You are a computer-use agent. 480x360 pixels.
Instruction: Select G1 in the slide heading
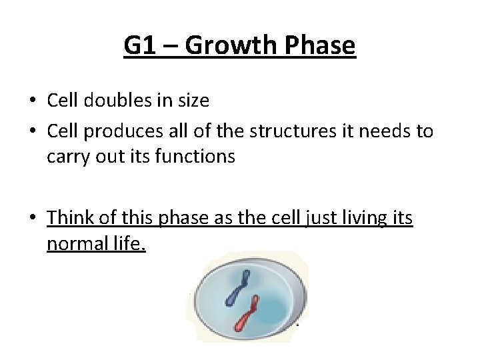click(139, 46)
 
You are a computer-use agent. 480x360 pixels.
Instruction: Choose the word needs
click(385, 131)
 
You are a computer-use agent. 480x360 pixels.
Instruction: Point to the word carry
click(65, 157)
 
